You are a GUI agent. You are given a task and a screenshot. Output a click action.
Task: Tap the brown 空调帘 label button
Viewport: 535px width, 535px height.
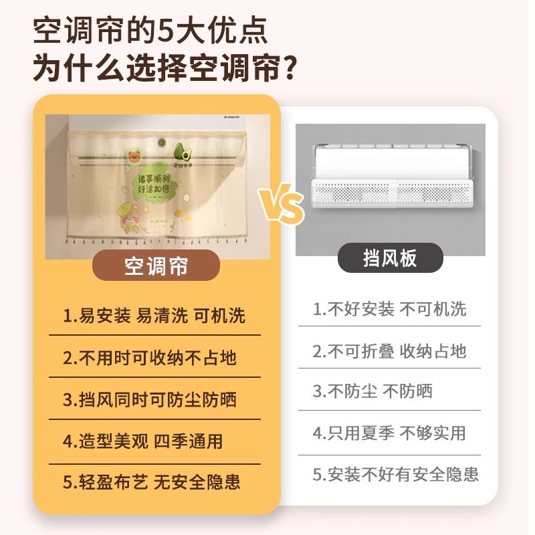[x=156, y=265]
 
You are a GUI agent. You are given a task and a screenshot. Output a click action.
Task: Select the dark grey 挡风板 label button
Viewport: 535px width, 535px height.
[x=390, y=258]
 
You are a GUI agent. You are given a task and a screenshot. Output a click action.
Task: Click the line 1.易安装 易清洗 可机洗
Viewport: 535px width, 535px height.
[x=154, y=316]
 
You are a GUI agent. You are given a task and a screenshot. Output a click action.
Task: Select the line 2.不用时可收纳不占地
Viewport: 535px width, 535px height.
[x=150, y=358]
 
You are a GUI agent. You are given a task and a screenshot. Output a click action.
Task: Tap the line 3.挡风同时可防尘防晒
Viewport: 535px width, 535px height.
[x=150, y=400]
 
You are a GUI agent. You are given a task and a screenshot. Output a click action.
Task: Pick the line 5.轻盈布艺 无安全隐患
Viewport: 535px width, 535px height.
[x=152, y=482]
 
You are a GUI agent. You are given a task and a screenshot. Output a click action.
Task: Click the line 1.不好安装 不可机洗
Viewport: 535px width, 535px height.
[x=389, y=310]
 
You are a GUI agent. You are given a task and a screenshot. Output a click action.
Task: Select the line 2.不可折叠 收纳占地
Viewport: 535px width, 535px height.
[x=389, y=351]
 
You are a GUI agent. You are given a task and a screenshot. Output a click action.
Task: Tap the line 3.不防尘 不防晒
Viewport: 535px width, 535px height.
[x=372, y=392]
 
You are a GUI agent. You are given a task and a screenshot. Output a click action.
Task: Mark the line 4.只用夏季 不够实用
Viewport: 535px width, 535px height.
[x=389, y=433]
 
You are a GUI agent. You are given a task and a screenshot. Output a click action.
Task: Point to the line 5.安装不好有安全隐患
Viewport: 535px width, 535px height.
[x=396, y=475]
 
